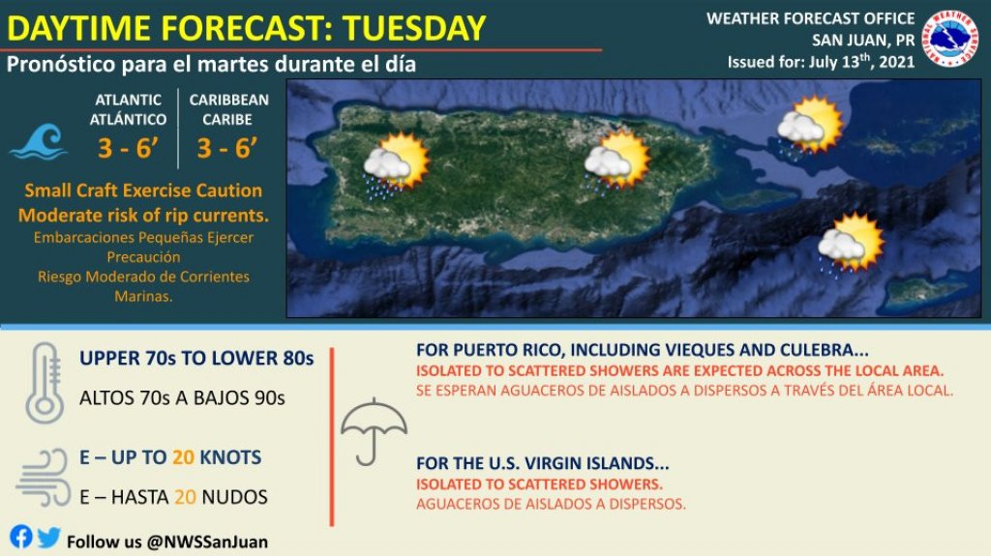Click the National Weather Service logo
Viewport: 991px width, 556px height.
(950, 39)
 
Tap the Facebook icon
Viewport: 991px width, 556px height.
(21, 537)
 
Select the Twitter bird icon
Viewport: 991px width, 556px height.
(48, 537)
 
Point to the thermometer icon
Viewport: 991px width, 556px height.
(45, 384)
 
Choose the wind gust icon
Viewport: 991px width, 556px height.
(44, 478)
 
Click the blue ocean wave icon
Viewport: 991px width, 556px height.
(39, 141)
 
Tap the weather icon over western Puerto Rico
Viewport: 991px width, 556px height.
(396, 165)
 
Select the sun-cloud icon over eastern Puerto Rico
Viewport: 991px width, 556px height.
(616, 161)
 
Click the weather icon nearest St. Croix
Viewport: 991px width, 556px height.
(850, 246)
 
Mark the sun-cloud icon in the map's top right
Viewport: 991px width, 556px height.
(810, 127)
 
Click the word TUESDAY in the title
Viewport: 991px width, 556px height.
(414, 28)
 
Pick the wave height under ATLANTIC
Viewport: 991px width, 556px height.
(128, 149)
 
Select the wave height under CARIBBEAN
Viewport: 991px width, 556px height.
(226, 149)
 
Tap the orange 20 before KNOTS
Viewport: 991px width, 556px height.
(183, 456)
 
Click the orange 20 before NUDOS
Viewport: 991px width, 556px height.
(185, 497)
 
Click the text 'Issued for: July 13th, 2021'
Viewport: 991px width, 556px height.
(821, 62)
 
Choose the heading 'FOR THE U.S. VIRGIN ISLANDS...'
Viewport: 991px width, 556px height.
(542, 463)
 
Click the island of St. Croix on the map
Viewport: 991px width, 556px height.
(925, 292)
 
